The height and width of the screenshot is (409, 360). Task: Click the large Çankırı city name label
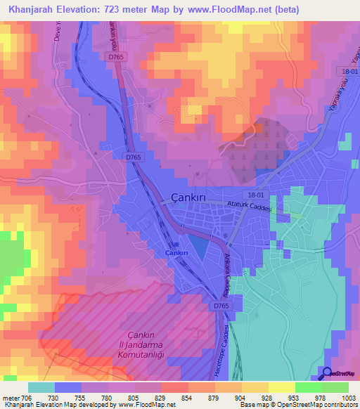[184, 198]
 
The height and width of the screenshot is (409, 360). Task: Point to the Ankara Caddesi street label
[229, 271]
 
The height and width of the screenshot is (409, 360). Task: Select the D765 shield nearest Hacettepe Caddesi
[221, 306]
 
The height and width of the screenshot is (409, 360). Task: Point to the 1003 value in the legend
[341, 397]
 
